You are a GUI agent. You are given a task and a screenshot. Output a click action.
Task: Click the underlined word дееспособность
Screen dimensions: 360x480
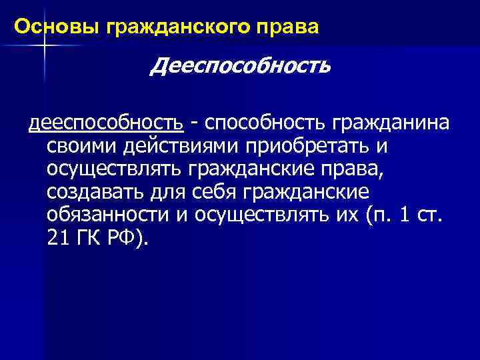105,123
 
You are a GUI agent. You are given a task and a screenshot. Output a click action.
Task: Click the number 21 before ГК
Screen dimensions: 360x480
57,239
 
